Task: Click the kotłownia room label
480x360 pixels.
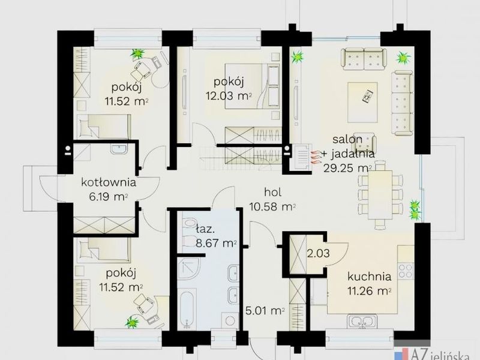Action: pyautogui.click(x=109, y=183)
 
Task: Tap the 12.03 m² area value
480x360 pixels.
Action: pyautogui.click(x=229, y=96)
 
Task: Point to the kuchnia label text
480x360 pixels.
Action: pyautogui.click(x=369, y=277)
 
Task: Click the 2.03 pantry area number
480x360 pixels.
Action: pyautogui.click(x=319, y=253)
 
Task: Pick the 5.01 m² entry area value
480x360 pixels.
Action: pyautogui.click(x=265, y=311)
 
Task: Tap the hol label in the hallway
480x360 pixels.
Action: pyautogui.click(x=272, y=192)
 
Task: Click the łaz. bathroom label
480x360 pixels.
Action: pyautogui.click(x=205, y=229)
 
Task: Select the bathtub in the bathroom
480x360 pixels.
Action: pyautogui.click(x=186, y=310)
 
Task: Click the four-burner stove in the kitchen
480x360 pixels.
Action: pyautogui.click(x=406, y=271)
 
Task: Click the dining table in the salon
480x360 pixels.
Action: pyautogui.click(x=380, y=195)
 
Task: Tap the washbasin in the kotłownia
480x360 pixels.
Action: pyautogui.click(x=119, y=149)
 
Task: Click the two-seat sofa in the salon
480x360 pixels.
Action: pyautogui.click(x=364, y=59)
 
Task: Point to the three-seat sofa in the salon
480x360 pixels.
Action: pyautogui.click(x=402, y=103)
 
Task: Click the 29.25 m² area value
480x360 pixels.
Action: pyautogui.click(x=347, y=168)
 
